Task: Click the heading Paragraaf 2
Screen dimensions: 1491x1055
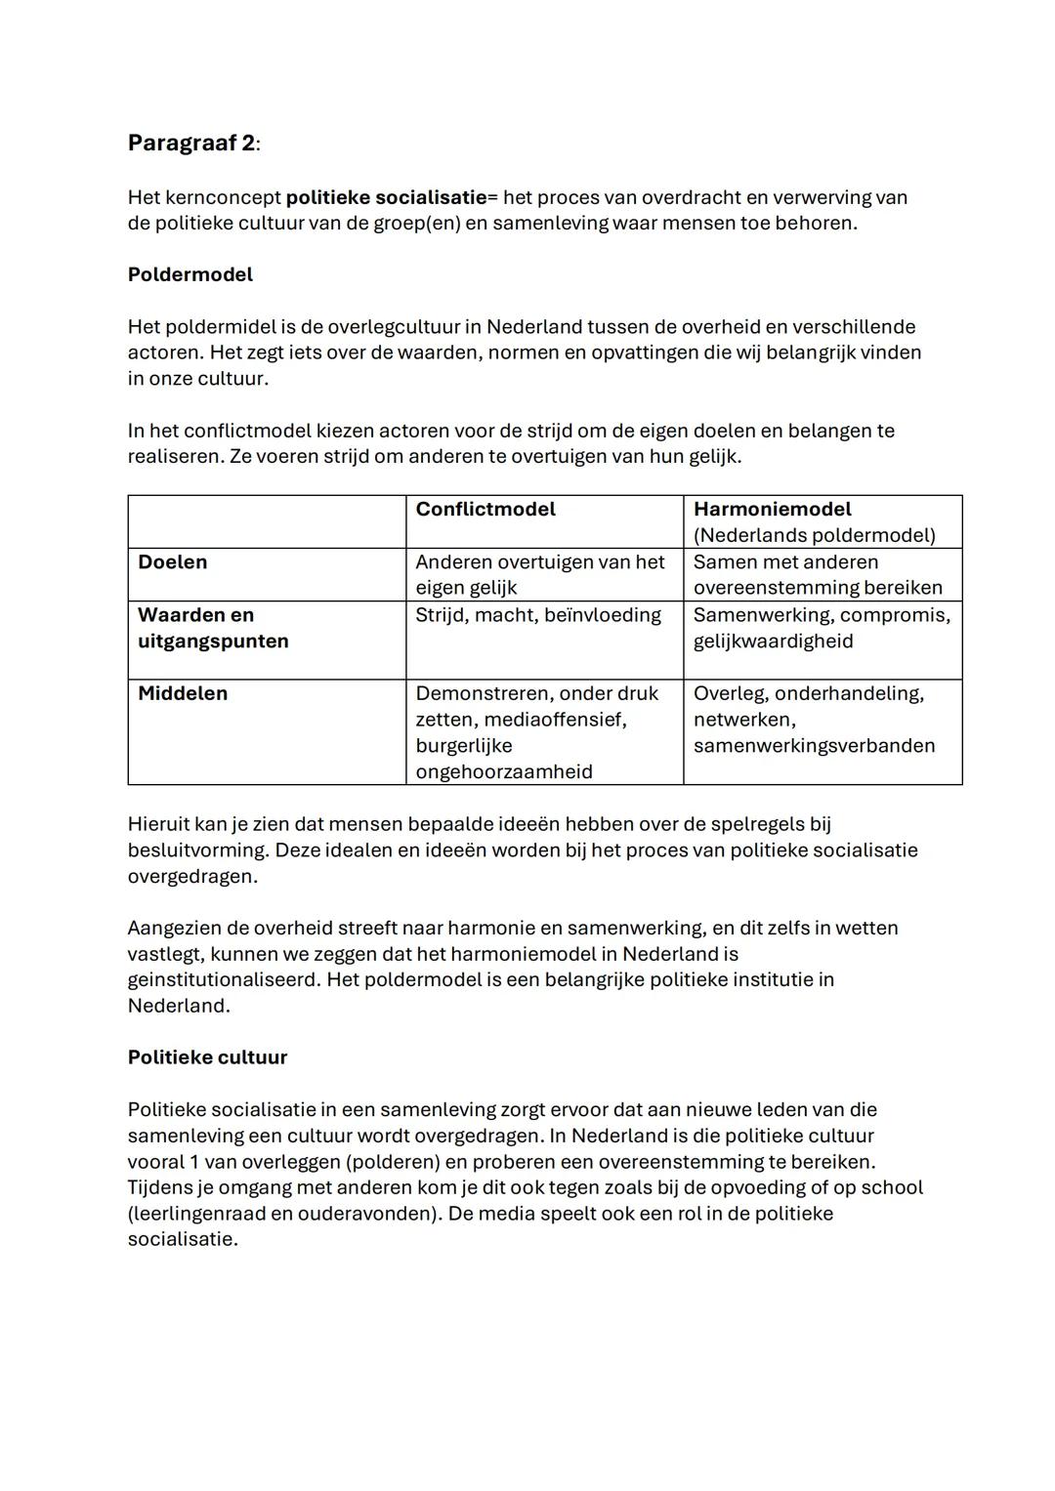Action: tap(191, 144)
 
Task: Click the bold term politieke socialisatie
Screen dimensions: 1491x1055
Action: tap(386, 197)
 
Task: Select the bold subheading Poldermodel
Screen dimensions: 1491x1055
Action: tap(190, 274)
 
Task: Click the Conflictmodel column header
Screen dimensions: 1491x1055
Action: tap(485, 509)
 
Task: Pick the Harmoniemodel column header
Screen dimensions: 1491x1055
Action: tap(772, 509)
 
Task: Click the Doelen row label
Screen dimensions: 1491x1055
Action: tap(172, 561)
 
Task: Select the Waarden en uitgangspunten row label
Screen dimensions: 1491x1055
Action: tap(212, 628)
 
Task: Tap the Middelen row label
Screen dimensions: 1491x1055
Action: tap(182, 693)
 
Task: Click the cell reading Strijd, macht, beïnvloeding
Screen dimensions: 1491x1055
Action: tap(537, 615)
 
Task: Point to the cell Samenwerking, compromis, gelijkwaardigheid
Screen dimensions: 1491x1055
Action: tap(821, 628)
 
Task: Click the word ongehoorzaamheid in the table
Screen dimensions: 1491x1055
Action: tap(503, 771)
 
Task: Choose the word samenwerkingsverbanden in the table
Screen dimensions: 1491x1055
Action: tap(813, 746)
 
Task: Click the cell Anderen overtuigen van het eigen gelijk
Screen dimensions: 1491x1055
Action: tap(539, 574)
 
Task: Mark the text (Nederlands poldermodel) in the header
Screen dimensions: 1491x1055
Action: tap(813, 535)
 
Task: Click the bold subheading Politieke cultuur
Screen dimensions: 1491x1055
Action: tap(207, 1057)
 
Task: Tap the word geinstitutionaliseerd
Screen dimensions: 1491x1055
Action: tap(223, 979)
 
